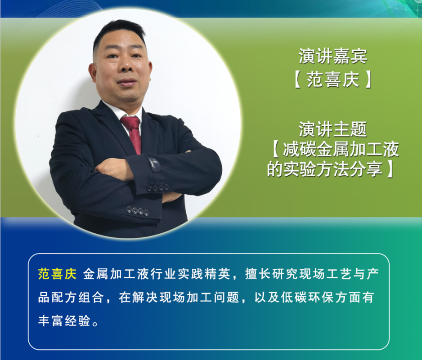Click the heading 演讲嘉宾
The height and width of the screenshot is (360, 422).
coord(332,56)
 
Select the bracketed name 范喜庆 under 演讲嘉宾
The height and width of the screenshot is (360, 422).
coord(333,80)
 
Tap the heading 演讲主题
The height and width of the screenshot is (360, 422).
coord(332,129)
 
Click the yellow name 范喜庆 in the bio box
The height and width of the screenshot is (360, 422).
coord(57,274)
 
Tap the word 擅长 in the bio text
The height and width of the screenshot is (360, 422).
coord(258,274)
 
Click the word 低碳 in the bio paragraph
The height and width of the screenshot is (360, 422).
coord(294,298)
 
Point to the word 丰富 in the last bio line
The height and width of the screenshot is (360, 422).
coord(50,321)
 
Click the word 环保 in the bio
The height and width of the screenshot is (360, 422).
coord(321,298)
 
